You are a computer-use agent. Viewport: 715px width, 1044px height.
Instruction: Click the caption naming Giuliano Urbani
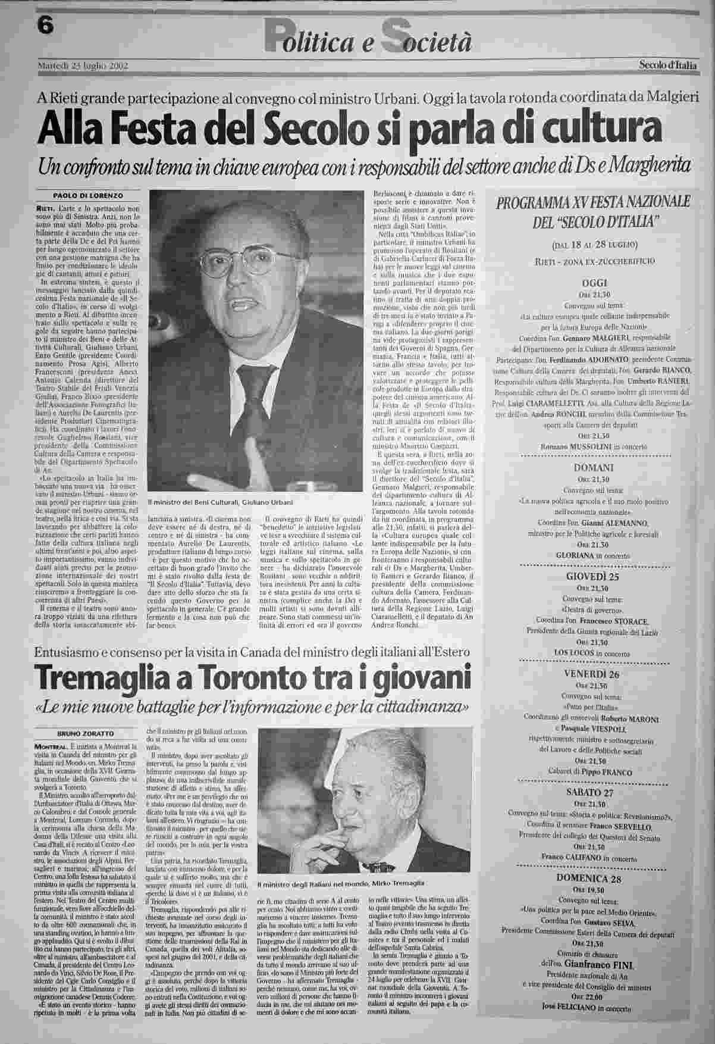point(221,502)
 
